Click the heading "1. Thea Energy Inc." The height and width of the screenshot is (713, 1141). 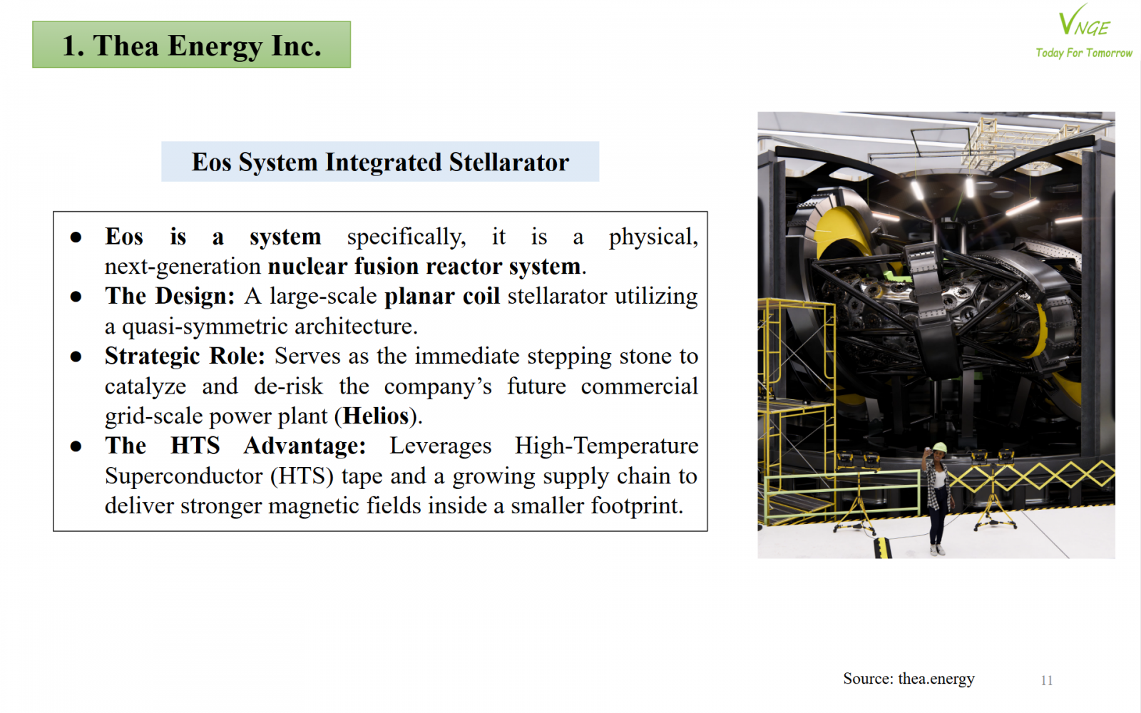pyautogui.click(x=192, y=46)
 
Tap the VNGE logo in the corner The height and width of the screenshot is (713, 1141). pyautogui.click(x=1083, y=21)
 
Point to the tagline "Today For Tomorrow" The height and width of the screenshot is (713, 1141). pyautogui.click(x=1084, y=53)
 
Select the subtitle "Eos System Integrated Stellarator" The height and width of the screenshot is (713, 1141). pyautogui.click(x=380, y=162)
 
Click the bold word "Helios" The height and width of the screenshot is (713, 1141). pyautogui.click(x=376, y=416)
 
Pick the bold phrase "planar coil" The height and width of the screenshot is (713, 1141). pyautogui.click(x=441, y=297)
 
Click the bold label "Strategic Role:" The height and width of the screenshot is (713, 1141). pyautogui.click(x=185, y=356)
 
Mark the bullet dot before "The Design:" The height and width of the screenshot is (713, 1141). pyautogui.click(x=76, y=297)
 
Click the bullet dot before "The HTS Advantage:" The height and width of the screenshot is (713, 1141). pyautogui.click(x=76, y=446)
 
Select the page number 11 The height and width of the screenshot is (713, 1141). pyautogui.click(x=1047, y=680)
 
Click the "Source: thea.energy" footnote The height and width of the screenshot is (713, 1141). pyautogui.click(x=909, y=679)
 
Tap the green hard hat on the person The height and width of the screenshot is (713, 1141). pyautogui.click(x=938, y=448)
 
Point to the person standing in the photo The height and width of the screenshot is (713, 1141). pyautogui.click(x=936, y=498)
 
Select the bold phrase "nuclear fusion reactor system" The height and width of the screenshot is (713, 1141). pyautogui.click(x=424, y=267)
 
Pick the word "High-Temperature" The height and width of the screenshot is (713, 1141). pyautogui.click(x=606, y=446)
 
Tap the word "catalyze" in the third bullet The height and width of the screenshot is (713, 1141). pyautogui.click(x=145, y=386)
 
